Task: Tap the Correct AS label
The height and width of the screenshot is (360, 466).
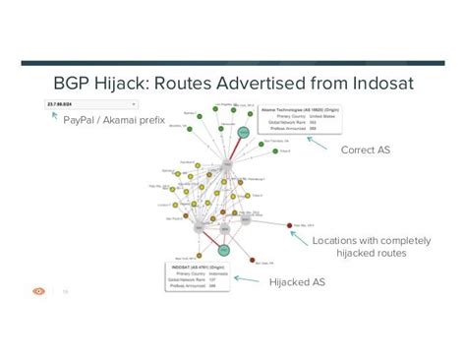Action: pyautogui.click(x=367, y=150)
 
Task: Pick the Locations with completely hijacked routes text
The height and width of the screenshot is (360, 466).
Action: pyautogui.click(x=358, y=247)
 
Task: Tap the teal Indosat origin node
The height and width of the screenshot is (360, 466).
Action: pyautogui.click(x=226, y=245)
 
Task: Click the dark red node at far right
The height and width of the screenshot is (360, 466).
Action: pyautogui.click(x=289, y=225)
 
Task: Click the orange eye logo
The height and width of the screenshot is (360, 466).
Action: pyautogui.click(x=38, y=291)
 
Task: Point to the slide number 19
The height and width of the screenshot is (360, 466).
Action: pyautogui.click(x=65, y=292)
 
